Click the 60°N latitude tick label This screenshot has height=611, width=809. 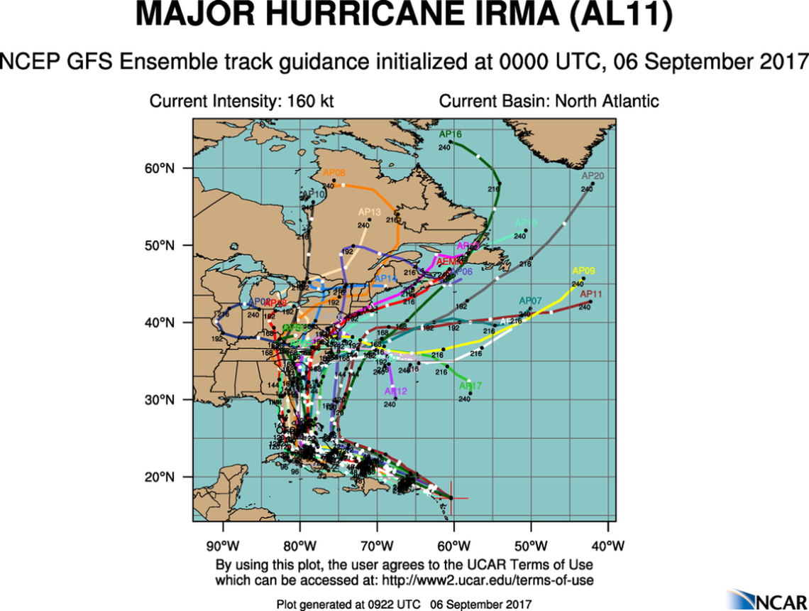coord(160,168)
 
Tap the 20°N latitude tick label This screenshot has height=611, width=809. coord(160,477)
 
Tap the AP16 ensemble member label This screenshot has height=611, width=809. coord(450,134)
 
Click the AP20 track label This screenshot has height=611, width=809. coord(593,176)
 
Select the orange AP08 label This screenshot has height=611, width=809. coord(334,173)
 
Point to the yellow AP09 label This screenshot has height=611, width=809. coord(583,271)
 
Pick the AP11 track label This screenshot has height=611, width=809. coord(591,293)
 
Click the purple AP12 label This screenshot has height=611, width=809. coord(395,391)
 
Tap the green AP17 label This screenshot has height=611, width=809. coord(470,386)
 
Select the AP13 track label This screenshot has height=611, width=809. coord(370,212)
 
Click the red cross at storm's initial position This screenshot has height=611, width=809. coord(452,498)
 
